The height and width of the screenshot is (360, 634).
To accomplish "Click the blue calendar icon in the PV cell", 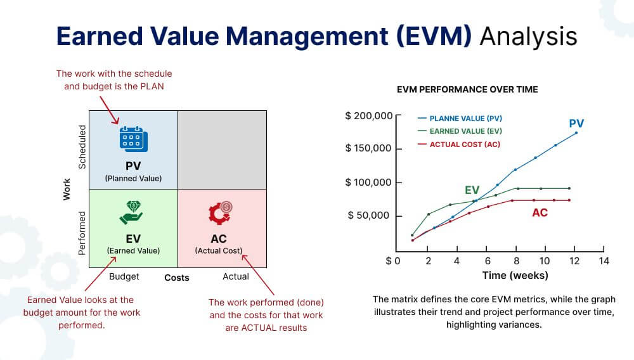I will click(x=133, y=139).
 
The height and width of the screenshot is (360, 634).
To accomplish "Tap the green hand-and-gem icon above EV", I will click(x=133, y=212).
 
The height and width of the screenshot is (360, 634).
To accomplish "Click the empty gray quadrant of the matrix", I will click(x=222, y=149).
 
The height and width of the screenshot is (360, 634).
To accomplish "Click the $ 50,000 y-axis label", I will click(x=370, y=215).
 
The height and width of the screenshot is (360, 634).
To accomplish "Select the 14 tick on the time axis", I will click(x=604, y=260).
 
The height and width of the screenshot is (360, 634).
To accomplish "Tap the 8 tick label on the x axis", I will click(x=517, y=260).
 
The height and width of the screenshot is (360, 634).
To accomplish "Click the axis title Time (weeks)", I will click(x=515, y=276).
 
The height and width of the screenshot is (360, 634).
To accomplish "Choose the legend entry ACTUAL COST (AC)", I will click(x=465, y=145).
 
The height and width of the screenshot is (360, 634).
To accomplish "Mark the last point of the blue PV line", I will click(x=576, y=133).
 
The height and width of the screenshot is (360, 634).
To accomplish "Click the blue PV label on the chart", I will click(x=576, y=124).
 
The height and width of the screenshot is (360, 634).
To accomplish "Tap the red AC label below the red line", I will click(x=540, y=213).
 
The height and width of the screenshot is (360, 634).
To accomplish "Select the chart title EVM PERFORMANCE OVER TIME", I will click(x=467, y=89).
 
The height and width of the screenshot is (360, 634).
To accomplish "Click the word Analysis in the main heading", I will click(x=528, y=36).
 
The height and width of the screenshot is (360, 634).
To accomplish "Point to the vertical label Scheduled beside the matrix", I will click(x=82, y=147).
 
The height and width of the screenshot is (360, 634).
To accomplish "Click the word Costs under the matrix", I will click(x=177, y=278).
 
